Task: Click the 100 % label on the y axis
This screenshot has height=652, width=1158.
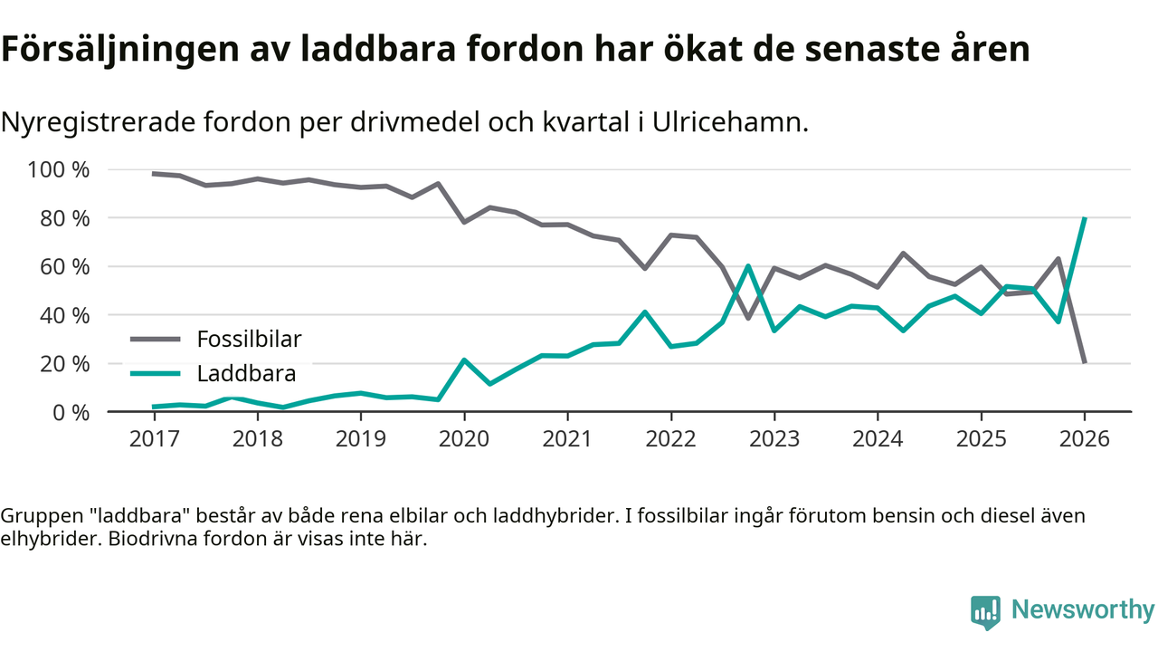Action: pyautogui.click(x=59, y=170)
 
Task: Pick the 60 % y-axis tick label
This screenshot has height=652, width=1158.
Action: pyautogui.click(x=64, y=267)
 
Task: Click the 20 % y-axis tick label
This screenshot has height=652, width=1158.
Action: pyautogui.click(x=64, y=364)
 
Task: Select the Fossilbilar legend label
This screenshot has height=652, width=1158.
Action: pyautogui.click(x=249, y=340)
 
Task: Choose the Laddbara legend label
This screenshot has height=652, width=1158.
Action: pyautogui.click(x=246, y=373)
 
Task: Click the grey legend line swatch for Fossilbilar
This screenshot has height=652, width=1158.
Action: pyautogui.click(x=157, y=340)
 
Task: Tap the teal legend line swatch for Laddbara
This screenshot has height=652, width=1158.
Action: pyautogui.click(x=157, y=373)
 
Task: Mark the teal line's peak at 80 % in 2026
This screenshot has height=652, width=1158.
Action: pyautogui.click(x=1084, y=218)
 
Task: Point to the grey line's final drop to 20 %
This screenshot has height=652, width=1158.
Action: pyautogui.click(x=1084, y=362)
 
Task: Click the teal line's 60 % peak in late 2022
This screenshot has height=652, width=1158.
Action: pyautogui.click(x=748, y=266)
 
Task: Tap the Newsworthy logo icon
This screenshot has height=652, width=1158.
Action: pyautogui.click(x=986, y=611)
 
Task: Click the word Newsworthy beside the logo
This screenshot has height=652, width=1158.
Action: pyautogui.click(x=1083, y=609)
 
